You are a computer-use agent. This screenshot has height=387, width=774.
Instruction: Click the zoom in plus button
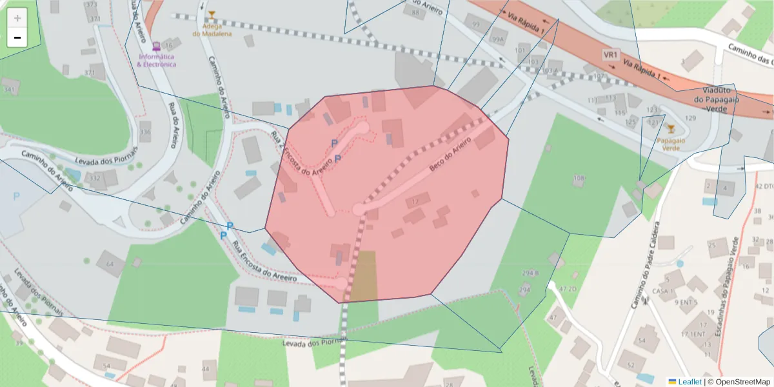tap(17, 18)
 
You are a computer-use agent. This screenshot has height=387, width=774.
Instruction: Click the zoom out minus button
tap(17, 37)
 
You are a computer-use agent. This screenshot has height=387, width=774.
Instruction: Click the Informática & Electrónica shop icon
tap(155, 46)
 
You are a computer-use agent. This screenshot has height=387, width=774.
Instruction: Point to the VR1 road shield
tap(610, 55)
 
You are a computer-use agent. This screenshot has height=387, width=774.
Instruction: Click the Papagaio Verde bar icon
tap(671, 129)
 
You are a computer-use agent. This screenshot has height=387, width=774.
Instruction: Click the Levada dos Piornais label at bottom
tap(315, 342)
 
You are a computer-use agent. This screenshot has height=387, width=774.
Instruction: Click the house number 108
tap(579, 178)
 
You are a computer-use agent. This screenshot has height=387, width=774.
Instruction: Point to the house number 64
tap(110, 264)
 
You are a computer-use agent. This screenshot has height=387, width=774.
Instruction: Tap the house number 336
tap(145, 133)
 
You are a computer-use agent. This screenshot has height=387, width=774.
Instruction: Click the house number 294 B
tap(530, 273)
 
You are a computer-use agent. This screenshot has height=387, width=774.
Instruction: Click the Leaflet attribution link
tap(688, 382)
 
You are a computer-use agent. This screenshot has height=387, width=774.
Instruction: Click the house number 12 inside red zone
tap(415, 201)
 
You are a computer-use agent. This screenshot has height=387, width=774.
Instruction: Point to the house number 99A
tap(497, 39)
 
